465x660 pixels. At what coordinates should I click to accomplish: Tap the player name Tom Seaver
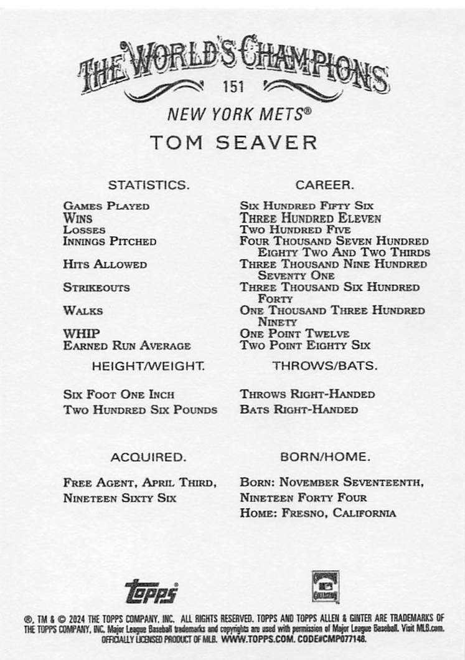pos(233,142)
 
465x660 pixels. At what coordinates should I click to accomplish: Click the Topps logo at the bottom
pos(152,590)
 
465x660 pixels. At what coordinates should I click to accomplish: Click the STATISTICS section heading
pos(148,185)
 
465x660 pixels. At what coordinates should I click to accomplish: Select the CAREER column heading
pos(324,185)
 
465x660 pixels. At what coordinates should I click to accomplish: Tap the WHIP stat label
pos(82,333)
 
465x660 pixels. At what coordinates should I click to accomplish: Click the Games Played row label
pos(106,206)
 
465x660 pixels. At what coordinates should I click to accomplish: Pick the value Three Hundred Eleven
pos(311,218)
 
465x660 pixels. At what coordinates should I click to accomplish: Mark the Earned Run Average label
pos(127,345)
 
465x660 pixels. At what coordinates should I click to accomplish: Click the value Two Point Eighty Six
pos(305,345)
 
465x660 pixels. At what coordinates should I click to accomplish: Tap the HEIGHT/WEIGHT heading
pos(148,366)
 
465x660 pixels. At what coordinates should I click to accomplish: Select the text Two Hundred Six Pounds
pos(140,410)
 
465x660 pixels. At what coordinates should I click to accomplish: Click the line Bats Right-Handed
pos(299,410)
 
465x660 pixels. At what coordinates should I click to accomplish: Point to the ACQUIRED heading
pos(148,457)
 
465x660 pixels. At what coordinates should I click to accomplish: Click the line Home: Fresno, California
pos(317,514)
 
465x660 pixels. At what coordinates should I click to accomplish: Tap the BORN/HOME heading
pos(325,457)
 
